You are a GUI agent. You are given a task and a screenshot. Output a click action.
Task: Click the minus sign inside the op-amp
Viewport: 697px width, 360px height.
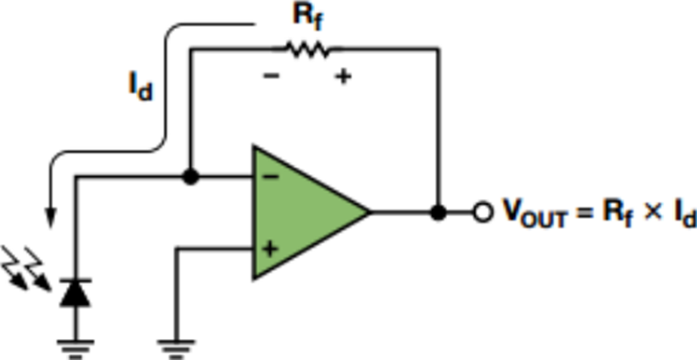click(270, 177)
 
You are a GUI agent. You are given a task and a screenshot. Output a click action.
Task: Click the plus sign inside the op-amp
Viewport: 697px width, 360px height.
click(270, 249)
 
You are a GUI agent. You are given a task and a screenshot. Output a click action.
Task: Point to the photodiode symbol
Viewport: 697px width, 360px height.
click(76, 292)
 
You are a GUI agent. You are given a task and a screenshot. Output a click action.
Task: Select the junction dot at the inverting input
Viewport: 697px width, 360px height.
click(190, 177)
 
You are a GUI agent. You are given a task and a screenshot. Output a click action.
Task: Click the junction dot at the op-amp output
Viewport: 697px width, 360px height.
click(438, 211)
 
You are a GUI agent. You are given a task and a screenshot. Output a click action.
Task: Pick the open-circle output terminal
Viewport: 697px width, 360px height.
click(482, 211)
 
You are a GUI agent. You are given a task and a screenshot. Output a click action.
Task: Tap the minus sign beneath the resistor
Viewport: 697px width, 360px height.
click(270, 77)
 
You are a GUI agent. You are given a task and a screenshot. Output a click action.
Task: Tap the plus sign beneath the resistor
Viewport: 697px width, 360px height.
click(342, 77)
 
